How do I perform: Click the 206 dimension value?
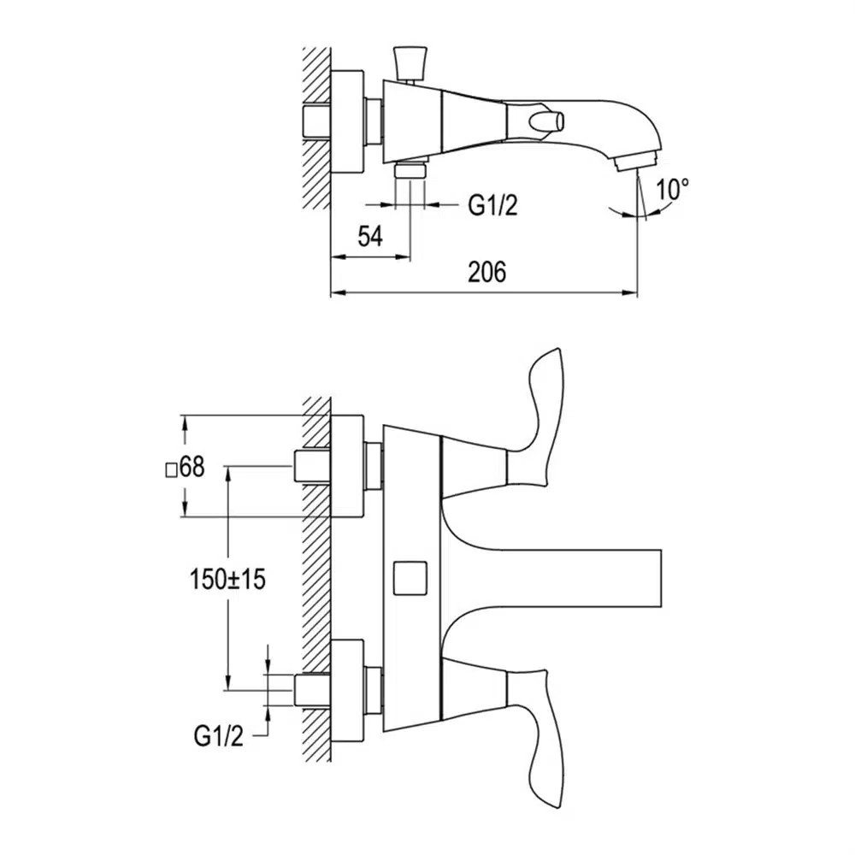(x=486, y=273)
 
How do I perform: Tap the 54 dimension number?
(x=369, y=237)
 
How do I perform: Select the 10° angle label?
(x=673, y=189)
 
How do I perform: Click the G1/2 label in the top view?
(x=492, y=205)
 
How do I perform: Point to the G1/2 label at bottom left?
(x=219, y=735)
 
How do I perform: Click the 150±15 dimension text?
(x=227, y=579)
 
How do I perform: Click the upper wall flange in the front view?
(x=347, y=467)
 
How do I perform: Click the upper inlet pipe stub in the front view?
(x=311, y=466)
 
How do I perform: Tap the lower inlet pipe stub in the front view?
(x=311, y=690)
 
